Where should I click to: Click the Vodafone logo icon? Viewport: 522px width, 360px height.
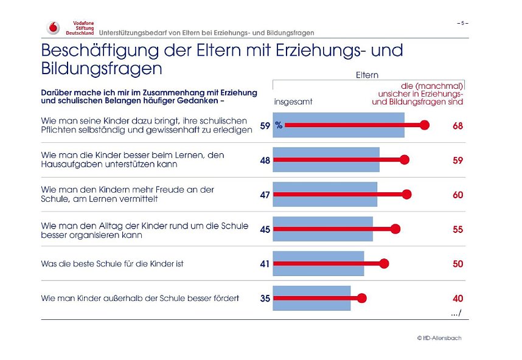point(54,27)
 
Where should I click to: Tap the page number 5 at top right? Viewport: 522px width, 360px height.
point(462,23)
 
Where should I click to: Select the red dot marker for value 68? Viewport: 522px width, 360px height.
point(425,125)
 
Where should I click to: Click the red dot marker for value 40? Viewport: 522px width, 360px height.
point(362,298)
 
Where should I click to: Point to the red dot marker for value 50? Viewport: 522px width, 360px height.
point(384,263)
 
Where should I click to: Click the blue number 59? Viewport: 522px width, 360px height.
point(265,126)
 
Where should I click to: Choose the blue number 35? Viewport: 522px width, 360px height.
point(265,299)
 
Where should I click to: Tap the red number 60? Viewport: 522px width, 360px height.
point(458,195)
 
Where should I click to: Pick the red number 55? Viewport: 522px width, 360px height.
point(458,229)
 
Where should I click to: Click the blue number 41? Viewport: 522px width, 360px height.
point(265,264)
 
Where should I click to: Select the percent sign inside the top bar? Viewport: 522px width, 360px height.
point(279,125)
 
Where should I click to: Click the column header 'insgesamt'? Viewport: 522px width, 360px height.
point(293,102)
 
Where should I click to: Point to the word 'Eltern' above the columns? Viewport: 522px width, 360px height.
point(367,75)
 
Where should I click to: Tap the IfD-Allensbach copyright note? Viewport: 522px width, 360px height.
point(439,337)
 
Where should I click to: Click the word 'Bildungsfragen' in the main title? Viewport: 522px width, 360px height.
point(102,68)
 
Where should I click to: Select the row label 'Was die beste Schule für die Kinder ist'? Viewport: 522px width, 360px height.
point(112,264)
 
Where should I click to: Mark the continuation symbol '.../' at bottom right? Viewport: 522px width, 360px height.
point(456,313)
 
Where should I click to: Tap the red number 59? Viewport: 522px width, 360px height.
point(458,161)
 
